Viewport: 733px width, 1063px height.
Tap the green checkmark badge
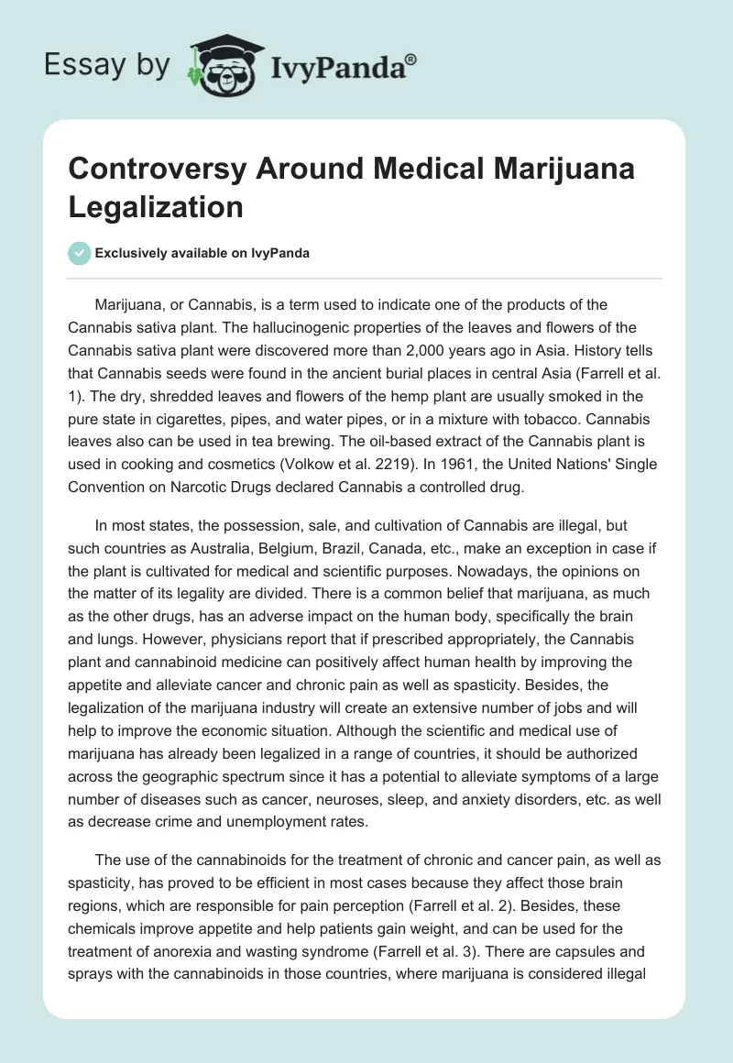(79, 253)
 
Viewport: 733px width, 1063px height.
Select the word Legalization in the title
(156, 206)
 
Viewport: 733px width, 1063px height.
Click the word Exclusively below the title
(132, 253)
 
